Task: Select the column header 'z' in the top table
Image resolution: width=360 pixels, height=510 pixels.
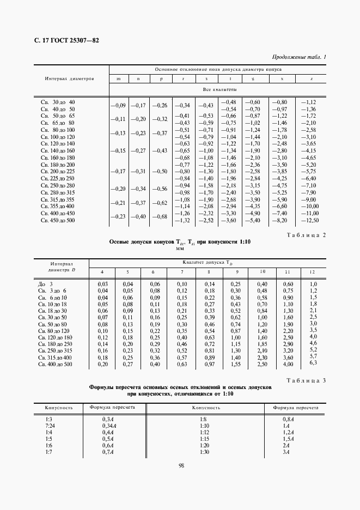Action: [311, 79]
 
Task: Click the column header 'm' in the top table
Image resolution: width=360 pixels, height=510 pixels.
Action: [119, 79]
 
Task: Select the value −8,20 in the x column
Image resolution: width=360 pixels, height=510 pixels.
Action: [279, 220]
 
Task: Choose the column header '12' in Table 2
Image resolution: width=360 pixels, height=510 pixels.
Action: [312, 271]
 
